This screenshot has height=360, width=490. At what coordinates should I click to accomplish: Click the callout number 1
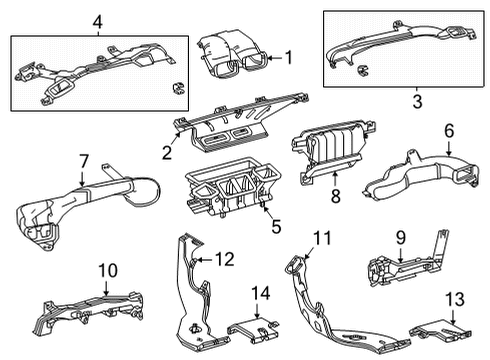click(x=289, y=57)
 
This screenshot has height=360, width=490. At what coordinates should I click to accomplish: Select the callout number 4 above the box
click(x=97, y=23)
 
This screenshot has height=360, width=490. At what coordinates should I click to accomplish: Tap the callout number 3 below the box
click(x=417, y=101)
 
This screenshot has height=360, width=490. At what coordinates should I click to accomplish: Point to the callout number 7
click(x=83, y=161)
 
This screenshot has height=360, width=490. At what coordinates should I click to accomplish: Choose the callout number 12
click(x=225, y=259)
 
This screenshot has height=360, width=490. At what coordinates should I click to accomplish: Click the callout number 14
click(x=261, y=293)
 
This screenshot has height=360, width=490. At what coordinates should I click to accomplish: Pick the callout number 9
click(x=401, y=238)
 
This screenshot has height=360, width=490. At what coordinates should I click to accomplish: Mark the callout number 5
click(x=276, y=226)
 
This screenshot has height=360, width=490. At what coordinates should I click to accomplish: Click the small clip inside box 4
click(x=178, y=88)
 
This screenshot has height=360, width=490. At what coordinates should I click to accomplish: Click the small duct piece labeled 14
click(x=253, y=330)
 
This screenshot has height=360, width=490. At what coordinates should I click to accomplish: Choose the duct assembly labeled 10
click(x=88, y=312)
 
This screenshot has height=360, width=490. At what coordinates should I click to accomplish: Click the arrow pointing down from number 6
click(x=449, y=148)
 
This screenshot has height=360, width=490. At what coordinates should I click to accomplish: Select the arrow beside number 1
click(x=275, y=58)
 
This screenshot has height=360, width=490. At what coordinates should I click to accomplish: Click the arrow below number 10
click(x=106, y=288)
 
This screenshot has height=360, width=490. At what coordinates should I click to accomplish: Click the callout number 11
click(x=322, y=238)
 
